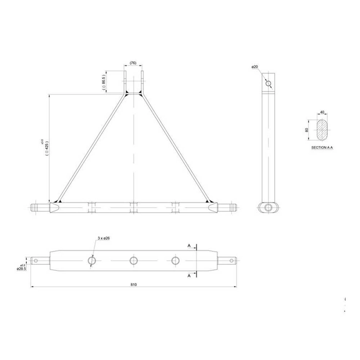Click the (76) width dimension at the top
133,63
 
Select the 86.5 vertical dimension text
104,82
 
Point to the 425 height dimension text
47,149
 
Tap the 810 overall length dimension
134,284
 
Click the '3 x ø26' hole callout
104,239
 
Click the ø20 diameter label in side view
255,67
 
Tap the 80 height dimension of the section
307,130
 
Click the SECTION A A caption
322,147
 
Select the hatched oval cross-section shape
322,130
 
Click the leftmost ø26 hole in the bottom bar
92,261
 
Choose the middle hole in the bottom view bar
134,261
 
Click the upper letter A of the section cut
189,246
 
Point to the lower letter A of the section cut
189,276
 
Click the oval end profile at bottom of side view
268,206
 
